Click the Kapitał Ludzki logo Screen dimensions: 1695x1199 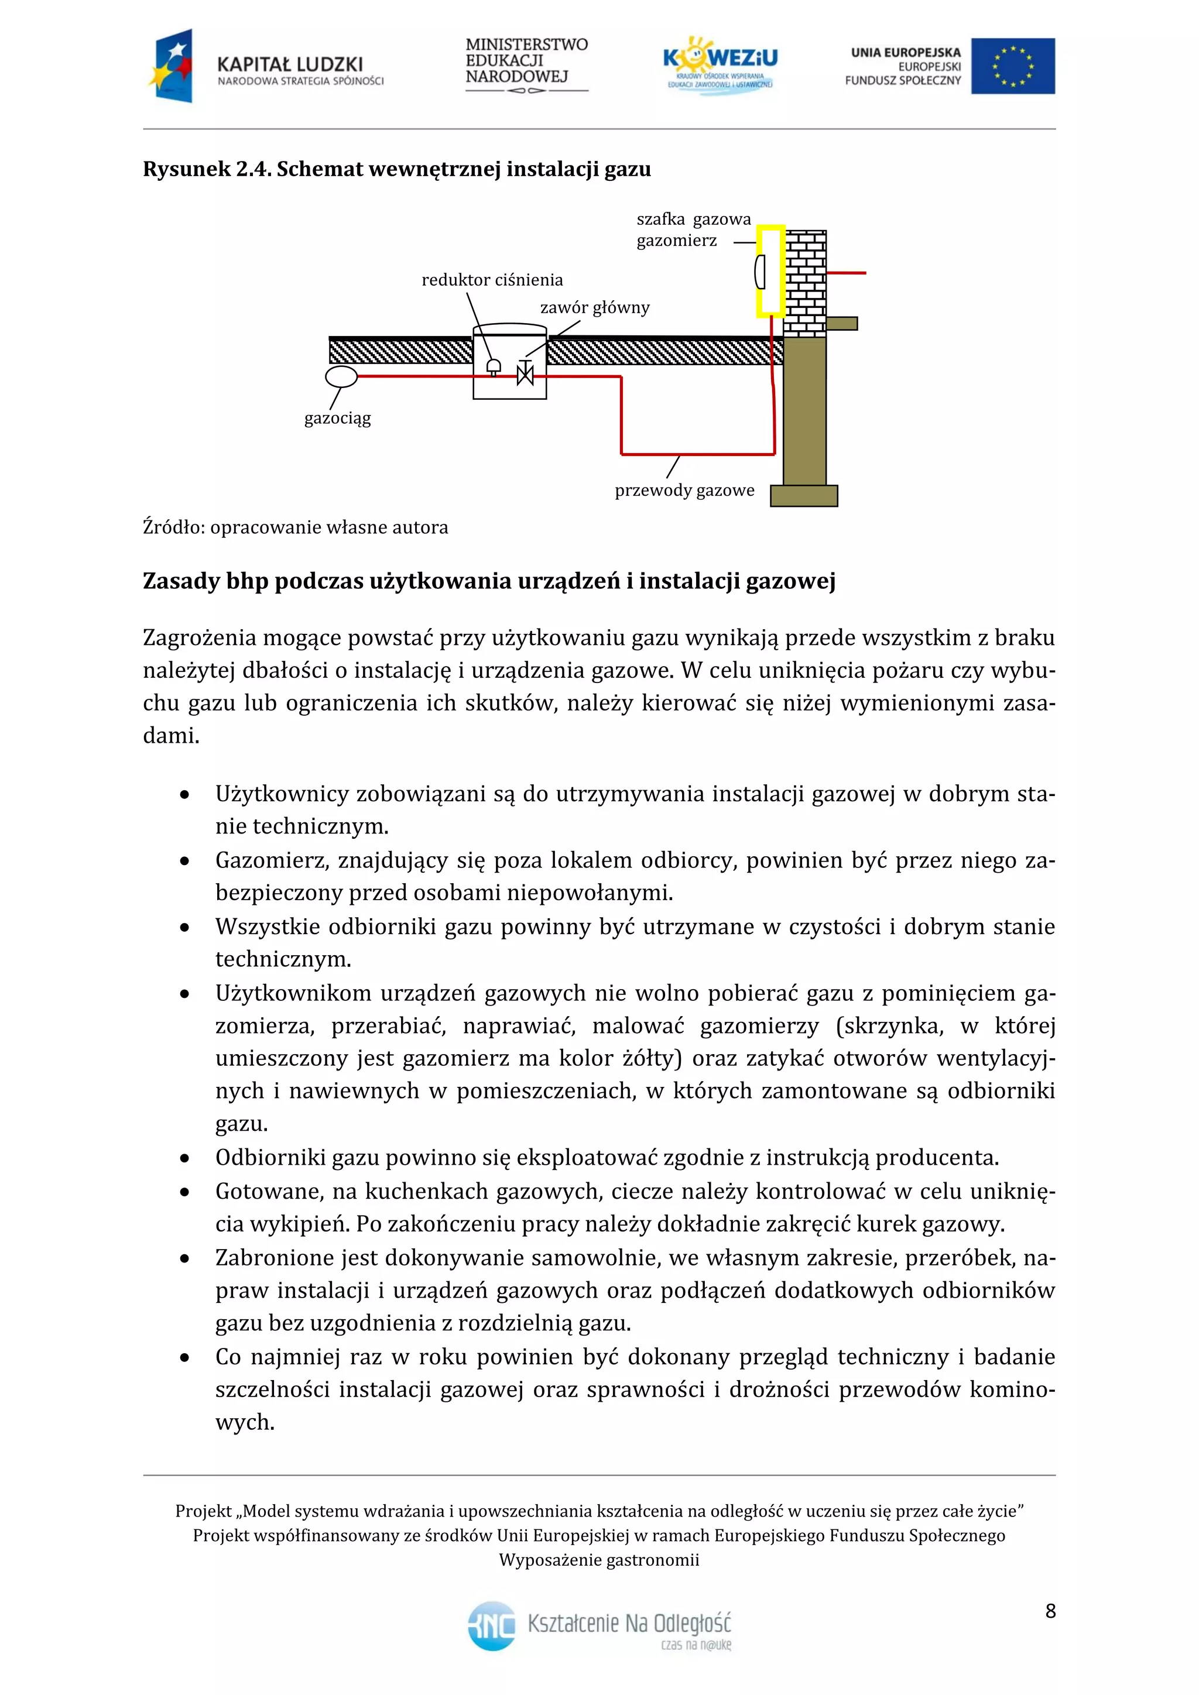(x=266, y=67)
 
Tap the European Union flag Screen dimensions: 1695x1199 (x=1012, y=67)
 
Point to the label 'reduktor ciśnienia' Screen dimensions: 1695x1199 (x=492, y=280)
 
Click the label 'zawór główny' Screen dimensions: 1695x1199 (x=594, y=308)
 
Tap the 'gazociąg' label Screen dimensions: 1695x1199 (x=337, y=418)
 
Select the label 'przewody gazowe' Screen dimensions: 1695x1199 (x=684, y=490)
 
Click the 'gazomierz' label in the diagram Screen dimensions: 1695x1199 (x=676, y=241)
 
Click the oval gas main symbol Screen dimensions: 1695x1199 (x=341, y=376)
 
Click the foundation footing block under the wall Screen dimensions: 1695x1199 (x=803, y=495)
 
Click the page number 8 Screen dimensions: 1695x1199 (x=1050, y=1610)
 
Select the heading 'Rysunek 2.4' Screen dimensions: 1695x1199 (x=207, y=170)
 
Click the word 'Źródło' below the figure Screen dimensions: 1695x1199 (x=173, y=527)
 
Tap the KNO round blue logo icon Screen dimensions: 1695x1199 (x=492, y=1625)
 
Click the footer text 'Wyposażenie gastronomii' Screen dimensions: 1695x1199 (x=599, y=1560)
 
